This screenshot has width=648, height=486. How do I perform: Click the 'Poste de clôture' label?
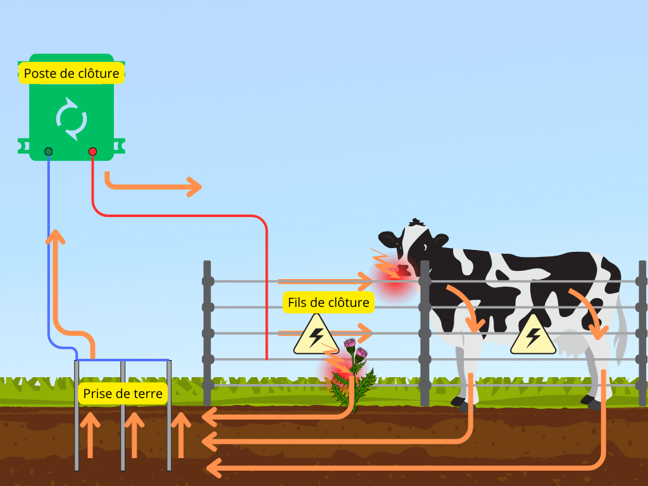72,73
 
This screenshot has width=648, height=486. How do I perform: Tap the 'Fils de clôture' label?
328,302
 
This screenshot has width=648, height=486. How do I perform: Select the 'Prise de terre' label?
123,394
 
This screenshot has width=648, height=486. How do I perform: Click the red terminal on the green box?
92,151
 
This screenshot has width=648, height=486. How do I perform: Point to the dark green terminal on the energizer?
48,151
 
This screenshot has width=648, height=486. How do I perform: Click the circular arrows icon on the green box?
72,118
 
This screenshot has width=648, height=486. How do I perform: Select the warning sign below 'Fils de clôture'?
316,335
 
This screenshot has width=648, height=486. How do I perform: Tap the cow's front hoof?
460,402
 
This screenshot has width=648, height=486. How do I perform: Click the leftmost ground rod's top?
77,362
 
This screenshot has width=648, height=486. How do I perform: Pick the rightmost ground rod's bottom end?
169,468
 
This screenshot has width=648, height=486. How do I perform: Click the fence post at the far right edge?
642,332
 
